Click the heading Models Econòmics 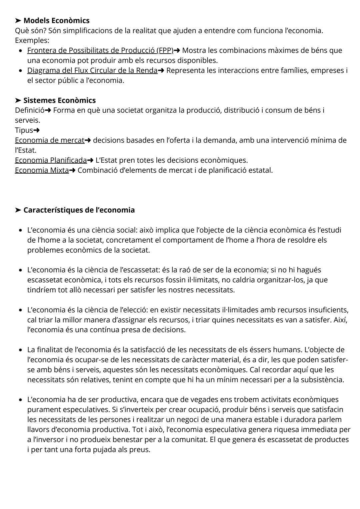[56, 21]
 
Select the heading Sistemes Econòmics [59, 100]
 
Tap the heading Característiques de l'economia [79, 210]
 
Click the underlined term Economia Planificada [51, 160]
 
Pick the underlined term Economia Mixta [42, 170]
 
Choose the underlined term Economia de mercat [49, 140]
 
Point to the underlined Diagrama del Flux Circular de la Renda [92, 70]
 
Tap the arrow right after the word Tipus [37, 130]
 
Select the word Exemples [32, 41]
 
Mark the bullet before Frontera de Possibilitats [21, 51]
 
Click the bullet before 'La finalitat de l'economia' [21, 350]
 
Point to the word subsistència [322, 380]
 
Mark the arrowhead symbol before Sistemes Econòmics [18, 100]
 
